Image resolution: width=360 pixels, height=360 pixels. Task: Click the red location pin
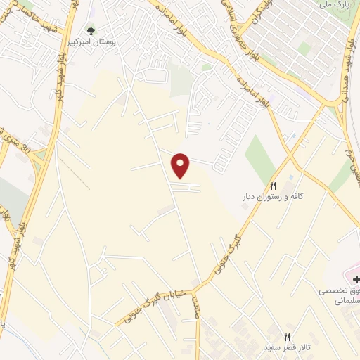pyautogui.click(x=181, y=165)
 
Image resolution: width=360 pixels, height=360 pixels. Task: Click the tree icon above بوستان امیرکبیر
pyautogui.click(x=91, y=31)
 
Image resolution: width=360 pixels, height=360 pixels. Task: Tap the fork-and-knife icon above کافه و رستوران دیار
pyautogui.click(x=274, y=185)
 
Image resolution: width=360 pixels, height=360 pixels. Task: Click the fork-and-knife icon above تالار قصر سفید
pyautogui.click(x=287, y=337)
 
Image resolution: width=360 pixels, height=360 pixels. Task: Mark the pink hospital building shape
pyautogui.click(x=352, y=270)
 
